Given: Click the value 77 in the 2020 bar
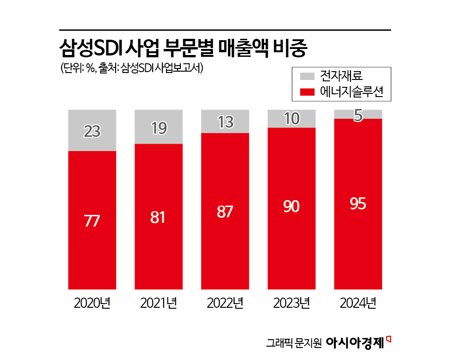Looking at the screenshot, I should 92,221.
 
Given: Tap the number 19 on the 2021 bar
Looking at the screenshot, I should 159,128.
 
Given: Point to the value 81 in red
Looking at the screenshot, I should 158,217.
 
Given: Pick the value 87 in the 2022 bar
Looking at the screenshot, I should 225,212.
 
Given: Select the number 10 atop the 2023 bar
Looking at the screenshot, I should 291,119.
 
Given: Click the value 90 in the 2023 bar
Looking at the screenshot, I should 291,207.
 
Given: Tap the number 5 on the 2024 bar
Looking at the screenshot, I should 358,115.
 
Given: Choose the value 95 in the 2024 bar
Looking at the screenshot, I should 358,203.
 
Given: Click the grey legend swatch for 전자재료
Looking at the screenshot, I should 308,76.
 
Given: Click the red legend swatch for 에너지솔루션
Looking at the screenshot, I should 308,92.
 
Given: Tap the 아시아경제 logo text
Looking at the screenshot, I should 355,342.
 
